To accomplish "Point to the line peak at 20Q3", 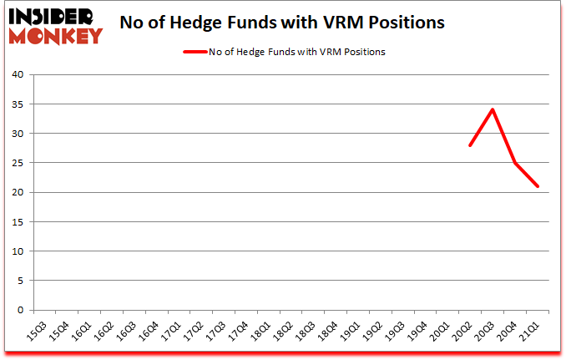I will pos(493,109).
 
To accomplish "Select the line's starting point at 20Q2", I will pos(470,145).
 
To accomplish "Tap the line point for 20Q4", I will pos(516,163).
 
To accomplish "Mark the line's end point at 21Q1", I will pos(538,186).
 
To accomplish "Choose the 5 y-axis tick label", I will pos(19,281).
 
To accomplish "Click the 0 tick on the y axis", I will pos(19,310).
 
